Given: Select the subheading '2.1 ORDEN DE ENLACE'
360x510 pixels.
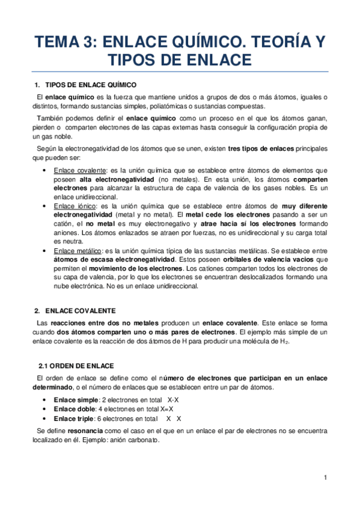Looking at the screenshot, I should point(75,366).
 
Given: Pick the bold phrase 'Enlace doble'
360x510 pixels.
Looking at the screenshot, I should point(74,409).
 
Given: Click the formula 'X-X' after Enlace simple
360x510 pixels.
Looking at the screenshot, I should point(173,399).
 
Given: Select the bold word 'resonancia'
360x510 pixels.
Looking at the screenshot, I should point(85,431).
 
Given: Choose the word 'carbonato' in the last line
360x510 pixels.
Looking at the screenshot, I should point(145,440).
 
